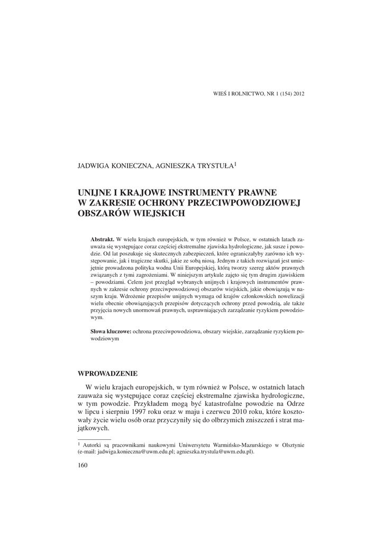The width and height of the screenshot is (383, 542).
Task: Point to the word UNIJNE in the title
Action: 94,192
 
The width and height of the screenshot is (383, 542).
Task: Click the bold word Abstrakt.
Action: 103,239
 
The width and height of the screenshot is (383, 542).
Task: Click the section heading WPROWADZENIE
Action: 107,373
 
